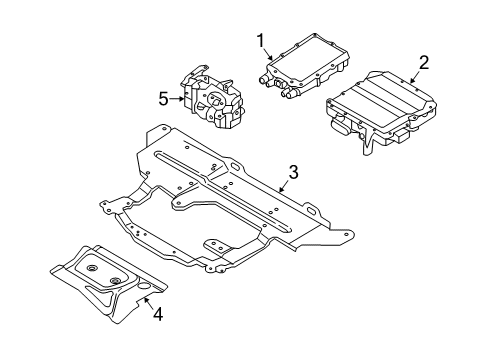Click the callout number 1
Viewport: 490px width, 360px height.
(x=261, y=41)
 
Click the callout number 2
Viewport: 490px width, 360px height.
(x=423, y=62)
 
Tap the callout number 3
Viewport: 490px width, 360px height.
(x=291, y=172)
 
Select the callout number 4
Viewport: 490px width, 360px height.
(x=157, y=314)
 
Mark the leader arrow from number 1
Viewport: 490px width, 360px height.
(x=269, y=55)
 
